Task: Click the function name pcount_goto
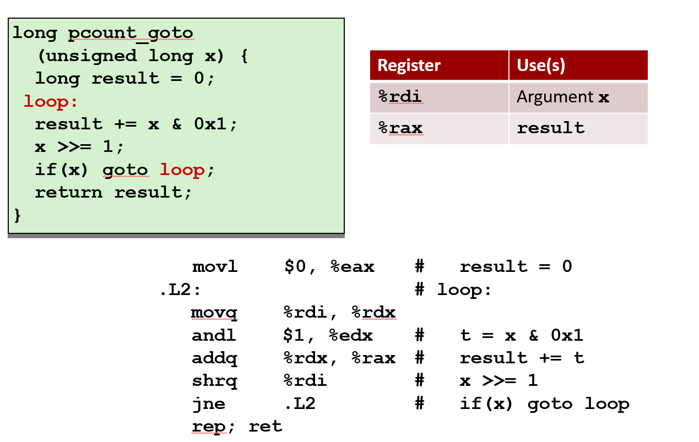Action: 131,33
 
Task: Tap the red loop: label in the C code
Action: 51,101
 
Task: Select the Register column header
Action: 409,66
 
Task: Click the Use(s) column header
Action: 541,66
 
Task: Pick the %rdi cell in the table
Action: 400,97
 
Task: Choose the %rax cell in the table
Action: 400,128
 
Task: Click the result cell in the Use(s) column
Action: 550,128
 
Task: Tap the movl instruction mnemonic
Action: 215,267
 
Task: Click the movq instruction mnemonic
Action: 215,313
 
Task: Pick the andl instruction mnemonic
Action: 214,336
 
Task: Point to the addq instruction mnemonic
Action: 215,358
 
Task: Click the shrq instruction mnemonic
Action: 215,381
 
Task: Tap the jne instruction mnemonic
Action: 209,404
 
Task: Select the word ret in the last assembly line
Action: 265,427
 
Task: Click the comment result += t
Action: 522,358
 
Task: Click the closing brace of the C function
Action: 17,215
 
